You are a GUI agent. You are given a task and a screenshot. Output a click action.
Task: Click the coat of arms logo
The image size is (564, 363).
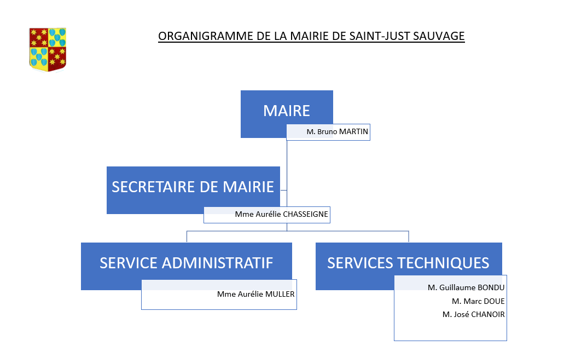[48, 50]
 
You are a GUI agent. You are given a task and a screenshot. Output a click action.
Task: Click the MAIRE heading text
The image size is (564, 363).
[287, 111]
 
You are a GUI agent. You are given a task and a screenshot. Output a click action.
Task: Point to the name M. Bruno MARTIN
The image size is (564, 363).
[338, 132]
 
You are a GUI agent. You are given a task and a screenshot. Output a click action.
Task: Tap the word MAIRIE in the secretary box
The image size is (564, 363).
[248, 187]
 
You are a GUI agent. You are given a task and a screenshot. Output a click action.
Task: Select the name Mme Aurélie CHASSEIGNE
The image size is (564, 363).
[281, 214]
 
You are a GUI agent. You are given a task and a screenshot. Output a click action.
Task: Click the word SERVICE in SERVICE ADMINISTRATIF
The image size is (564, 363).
[129, 263]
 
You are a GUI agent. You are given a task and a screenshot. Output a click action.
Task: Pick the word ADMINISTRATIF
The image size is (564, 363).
[218, 263]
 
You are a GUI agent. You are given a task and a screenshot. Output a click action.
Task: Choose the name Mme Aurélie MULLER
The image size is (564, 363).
[256, 294]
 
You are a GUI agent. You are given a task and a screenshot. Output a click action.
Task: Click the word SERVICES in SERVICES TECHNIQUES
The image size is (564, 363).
[360, 263]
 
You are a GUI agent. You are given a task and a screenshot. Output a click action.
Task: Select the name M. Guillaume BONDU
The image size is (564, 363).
[466, 288]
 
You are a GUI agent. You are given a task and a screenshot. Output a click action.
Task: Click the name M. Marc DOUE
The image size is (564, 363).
[479, 301]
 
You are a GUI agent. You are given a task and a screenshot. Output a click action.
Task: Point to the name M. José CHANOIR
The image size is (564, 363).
[473, 314]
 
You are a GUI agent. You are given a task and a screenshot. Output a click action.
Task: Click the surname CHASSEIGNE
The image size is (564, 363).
[305, 214]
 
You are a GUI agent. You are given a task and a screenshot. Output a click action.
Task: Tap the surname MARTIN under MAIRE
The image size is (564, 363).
[353, 132]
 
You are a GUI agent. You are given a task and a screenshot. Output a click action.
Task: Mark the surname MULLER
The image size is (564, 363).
[280, 294]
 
